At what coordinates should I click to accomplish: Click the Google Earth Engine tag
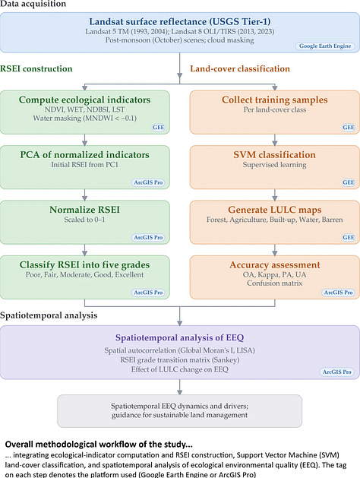325,46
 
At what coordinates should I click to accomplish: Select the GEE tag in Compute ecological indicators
159,128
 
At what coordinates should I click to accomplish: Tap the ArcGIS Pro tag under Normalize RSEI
148,237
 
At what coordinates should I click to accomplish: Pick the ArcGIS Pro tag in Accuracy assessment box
338,293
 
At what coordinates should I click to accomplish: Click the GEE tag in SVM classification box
349,182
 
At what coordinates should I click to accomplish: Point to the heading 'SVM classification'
274,155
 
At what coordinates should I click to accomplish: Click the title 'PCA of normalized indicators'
84,155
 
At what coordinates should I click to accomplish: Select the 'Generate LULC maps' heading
274,210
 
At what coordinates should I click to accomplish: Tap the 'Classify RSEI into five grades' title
84,265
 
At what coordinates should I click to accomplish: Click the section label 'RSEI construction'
36,68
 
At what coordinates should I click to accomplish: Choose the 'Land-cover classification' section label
240,68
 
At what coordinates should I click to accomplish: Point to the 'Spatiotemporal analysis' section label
49,315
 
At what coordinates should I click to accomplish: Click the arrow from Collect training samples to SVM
275,140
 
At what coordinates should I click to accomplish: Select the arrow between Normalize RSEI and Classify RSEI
84,250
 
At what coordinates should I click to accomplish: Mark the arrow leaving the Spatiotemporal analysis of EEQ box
180,387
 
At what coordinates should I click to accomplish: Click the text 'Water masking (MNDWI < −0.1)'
84,119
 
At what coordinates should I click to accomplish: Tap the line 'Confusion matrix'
274,283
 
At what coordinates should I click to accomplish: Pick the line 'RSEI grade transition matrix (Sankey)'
180,360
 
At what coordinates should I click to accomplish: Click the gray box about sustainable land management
180,411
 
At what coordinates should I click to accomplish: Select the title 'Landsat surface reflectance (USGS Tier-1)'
180,21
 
